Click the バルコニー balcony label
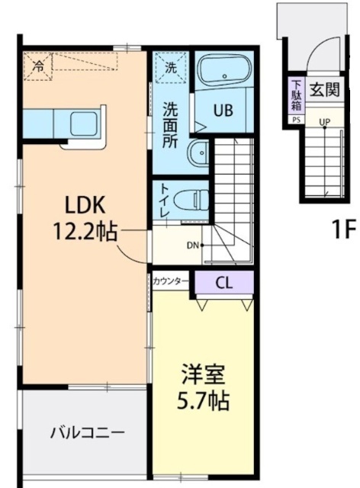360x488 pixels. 87,433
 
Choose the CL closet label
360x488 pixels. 223,283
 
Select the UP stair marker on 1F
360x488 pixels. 325,122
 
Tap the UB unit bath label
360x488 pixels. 223,109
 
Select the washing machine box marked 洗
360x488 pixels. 171,67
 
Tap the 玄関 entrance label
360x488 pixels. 324,89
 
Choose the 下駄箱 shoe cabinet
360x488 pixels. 295,95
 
